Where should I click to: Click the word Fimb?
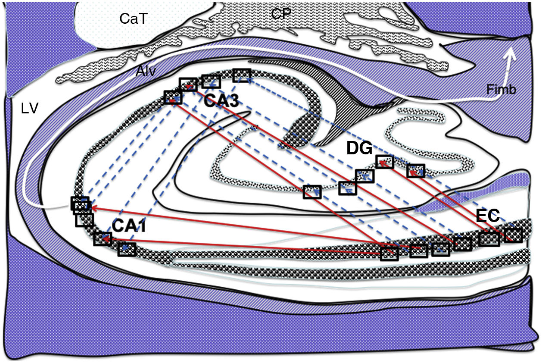501,90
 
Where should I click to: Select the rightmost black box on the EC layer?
513,235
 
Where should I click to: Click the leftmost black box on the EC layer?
389,253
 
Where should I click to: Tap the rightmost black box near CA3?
242,75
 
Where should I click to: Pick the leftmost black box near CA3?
173,97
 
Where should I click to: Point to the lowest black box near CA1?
127,249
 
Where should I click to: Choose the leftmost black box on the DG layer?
312,192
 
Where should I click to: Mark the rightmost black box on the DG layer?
416,171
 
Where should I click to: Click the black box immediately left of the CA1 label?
103,238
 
